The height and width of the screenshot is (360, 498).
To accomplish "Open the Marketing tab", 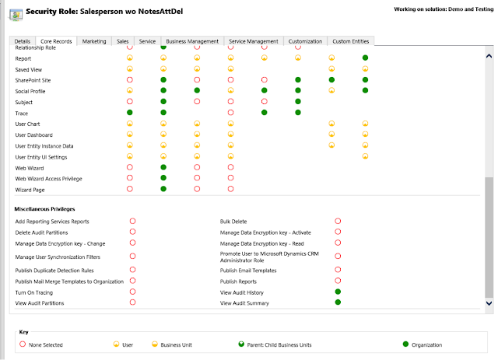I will coord(94,41).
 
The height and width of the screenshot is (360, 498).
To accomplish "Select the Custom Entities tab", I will coord(352,41).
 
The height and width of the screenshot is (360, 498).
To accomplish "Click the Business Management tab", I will coord(193,41).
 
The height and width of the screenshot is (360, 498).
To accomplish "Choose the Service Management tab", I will coord(254,41).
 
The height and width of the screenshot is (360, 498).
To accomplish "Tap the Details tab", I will coord(23,41).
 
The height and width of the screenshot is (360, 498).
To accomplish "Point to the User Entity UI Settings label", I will coord(42,157).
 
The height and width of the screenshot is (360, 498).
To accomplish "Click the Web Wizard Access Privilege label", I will coord(48,179).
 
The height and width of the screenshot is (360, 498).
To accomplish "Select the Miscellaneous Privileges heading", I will coord(45,208).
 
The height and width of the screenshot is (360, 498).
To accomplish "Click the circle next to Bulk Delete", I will coord(338,222).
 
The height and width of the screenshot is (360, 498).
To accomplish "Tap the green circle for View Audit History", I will coord(338,292).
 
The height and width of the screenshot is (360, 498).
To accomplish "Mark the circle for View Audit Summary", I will coord(338,302).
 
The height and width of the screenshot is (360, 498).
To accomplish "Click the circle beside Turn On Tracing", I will coord(132,292).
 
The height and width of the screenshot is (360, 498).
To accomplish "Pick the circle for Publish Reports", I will coord(338,281).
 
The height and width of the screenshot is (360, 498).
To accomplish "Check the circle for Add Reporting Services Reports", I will coord(132,222).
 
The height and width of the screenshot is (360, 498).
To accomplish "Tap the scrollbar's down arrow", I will coord(489,302).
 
